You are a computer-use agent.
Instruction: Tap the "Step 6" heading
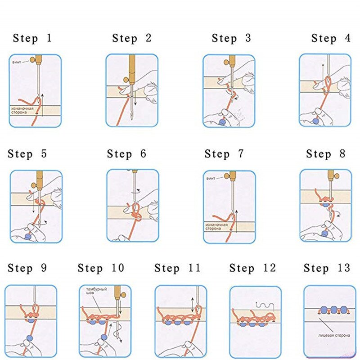coord(126,154)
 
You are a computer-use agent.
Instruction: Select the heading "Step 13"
coord(327,268)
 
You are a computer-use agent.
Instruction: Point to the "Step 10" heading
coord(101,268)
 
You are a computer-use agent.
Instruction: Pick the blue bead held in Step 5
coord(28,236)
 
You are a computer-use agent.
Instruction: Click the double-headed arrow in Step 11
coord(193,306)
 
